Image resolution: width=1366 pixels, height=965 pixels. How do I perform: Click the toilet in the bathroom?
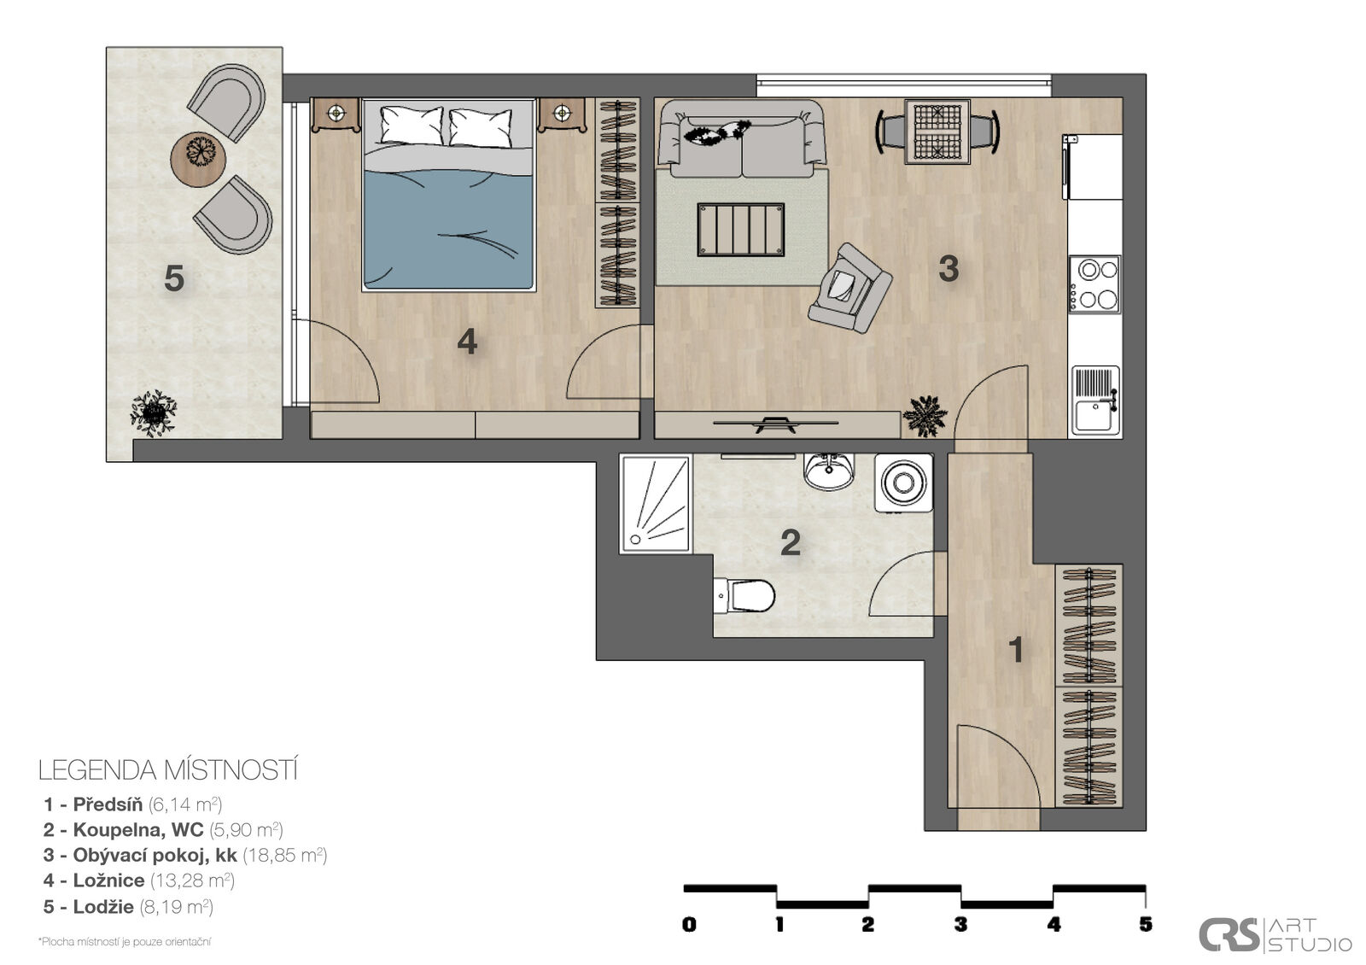point(744,596)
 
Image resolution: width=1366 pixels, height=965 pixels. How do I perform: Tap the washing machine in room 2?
point(904,482)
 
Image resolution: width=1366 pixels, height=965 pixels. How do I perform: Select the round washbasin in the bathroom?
point(829,471)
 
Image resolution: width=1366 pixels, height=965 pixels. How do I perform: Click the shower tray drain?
point(636,539)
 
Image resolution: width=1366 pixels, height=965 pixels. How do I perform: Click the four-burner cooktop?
point(1095,284)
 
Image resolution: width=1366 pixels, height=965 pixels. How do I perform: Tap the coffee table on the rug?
point(741,230)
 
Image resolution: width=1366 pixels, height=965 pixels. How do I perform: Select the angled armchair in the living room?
point(849,288)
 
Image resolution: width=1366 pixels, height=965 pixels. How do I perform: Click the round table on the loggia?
point(198,159)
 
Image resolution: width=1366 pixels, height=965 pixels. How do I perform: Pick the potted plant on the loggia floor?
point(154,413)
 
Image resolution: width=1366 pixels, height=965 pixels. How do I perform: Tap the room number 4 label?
point(467,342)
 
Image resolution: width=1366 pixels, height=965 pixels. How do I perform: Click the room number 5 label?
point(174,278)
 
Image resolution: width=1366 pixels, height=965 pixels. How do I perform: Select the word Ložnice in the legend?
point(108,880)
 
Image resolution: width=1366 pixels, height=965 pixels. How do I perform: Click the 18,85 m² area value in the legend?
point(285,855)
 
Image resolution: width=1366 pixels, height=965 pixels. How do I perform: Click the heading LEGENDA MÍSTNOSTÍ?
point(168,770)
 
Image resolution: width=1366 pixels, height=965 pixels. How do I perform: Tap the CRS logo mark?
point(1229,934)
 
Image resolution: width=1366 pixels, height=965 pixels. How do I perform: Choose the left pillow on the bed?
point(412,125)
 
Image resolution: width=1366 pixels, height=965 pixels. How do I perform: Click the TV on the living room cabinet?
point(776,424)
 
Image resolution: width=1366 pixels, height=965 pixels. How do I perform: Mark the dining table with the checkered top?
point(937,132)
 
